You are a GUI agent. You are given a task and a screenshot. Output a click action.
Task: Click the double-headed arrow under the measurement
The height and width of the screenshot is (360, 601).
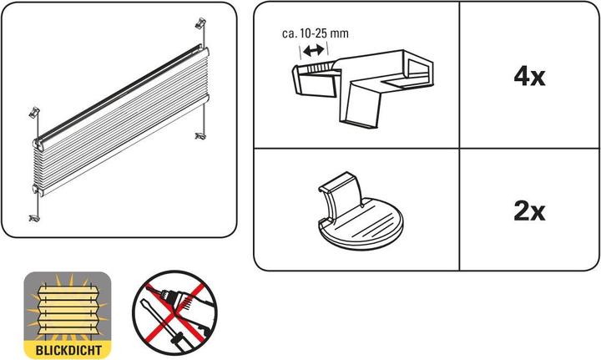pos(314,51)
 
